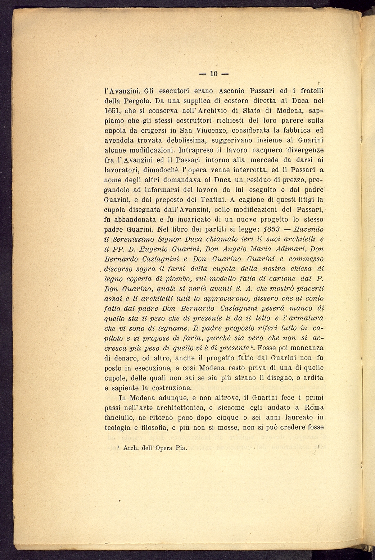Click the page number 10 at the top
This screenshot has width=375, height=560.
[x=214, y=74]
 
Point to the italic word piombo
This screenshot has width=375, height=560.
[x=172, y=279]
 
